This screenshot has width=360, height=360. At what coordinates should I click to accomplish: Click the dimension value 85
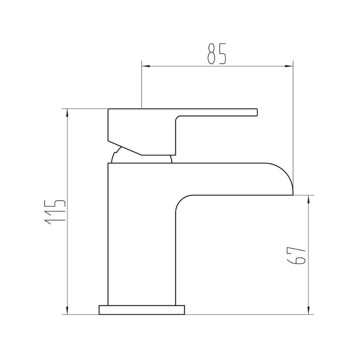click(217, 54)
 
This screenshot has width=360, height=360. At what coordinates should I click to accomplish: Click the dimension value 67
click(296, 256)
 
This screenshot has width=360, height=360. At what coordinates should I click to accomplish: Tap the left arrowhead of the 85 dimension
click(146, 66)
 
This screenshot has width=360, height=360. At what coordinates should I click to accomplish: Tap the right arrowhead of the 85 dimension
click(289, 66)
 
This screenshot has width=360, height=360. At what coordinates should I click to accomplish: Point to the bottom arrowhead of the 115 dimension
click(67, 310)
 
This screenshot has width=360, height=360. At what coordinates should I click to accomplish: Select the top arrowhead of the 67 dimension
click(309, 199)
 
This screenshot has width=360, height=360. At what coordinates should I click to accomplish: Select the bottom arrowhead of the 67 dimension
click(309, 310)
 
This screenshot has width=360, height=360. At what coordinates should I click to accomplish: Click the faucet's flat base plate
click(142, 310)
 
